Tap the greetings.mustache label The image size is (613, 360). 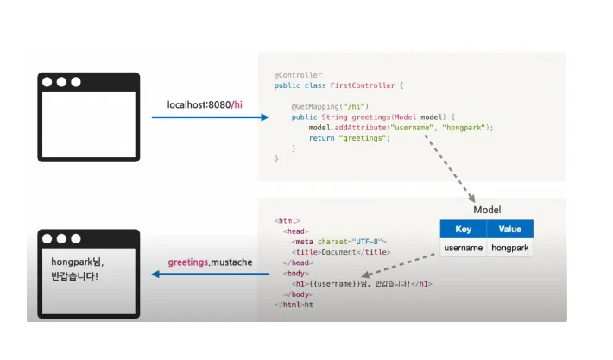click(210, 261)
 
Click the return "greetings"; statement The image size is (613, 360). click(344, 137)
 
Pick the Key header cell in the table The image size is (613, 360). click(463, 229)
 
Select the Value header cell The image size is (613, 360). click(509, 229)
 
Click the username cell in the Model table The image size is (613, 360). click(463, 248)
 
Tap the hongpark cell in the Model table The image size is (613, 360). click(509, 248)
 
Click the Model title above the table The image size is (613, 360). click(487, 211)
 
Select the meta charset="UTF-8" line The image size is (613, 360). click(341, 242)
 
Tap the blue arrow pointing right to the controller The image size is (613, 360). click(216, 118)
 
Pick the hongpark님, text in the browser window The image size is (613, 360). click(79, 261)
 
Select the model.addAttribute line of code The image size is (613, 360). click(401, 127)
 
